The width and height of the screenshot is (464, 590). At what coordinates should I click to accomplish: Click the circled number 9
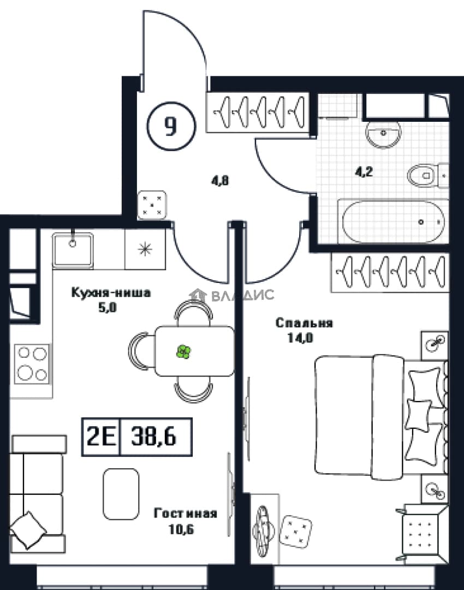171,126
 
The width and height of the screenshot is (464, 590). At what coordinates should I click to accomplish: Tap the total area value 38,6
154,437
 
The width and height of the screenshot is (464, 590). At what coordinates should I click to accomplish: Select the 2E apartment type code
101,437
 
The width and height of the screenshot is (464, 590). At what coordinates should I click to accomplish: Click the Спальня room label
304,323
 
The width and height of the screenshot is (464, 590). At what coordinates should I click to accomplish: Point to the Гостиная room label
186,513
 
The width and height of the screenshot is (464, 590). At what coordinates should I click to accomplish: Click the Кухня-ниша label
111,292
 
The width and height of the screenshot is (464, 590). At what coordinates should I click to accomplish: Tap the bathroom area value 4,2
364,172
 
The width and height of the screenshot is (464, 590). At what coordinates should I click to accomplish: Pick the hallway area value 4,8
220,181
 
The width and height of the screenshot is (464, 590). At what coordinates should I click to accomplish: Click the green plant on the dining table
184,352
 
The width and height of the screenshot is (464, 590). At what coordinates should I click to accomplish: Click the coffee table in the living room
121,494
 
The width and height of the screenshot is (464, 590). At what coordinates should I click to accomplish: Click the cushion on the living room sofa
28,529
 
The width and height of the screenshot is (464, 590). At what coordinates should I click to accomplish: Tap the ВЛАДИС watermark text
242,296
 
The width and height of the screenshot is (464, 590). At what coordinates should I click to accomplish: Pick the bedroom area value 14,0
300,338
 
